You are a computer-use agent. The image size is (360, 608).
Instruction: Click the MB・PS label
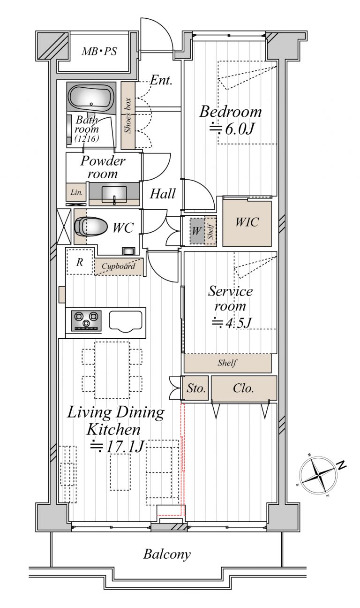coord(99,51)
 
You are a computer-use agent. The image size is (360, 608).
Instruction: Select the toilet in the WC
coord(90,226)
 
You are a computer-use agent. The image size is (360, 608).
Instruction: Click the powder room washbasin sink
coord(114,194)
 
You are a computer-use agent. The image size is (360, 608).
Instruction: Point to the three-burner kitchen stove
coord(86,321)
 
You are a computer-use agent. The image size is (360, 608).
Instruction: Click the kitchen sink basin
coord(126,321)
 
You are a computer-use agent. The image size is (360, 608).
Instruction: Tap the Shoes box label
coord(128,115)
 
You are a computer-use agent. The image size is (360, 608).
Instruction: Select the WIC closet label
coord(247,222)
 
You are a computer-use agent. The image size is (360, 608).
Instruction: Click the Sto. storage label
coord(195,388)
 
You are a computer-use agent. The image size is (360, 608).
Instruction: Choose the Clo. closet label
coord(243,388)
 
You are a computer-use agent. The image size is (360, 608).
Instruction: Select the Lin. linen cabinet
coord(76,192)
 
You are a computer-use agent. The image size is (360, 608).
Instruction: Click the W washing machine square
coord(196,231)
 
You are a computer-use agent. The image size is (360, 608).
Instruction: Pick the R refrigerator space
coord(80,262)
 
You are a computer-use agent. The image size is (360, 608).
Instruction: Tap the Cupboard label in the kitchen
coord(118,266)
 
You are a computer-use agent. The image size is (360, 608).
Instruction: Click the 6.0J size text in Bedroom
coord(232,129)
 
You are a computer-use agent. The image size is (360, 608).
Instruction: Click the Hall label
coord(163,194)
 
